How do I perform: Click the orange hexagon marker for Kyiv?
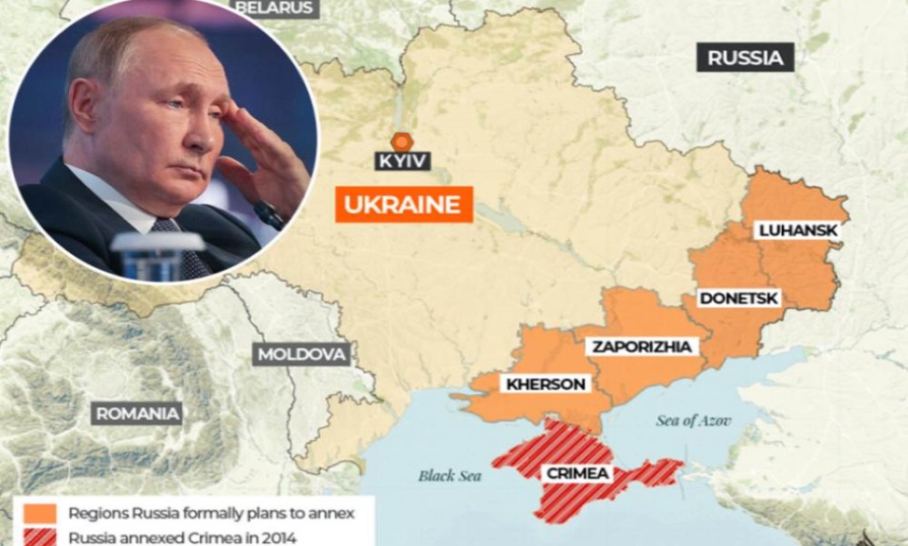(401, 141)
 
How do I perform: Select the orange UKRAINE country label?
(404, 204)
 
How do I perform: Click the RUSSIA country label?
(745, 58)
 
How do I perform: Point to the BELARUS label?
(274, 7)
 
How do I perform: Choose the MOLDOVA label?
(301, 354)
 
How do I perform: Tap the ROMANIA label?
(137, 414)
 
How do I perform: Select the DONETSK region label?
(738, 298)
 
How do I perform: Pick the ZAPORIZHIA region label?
(642, 346)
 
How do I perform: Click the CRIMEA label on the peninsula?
(577, 473)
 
